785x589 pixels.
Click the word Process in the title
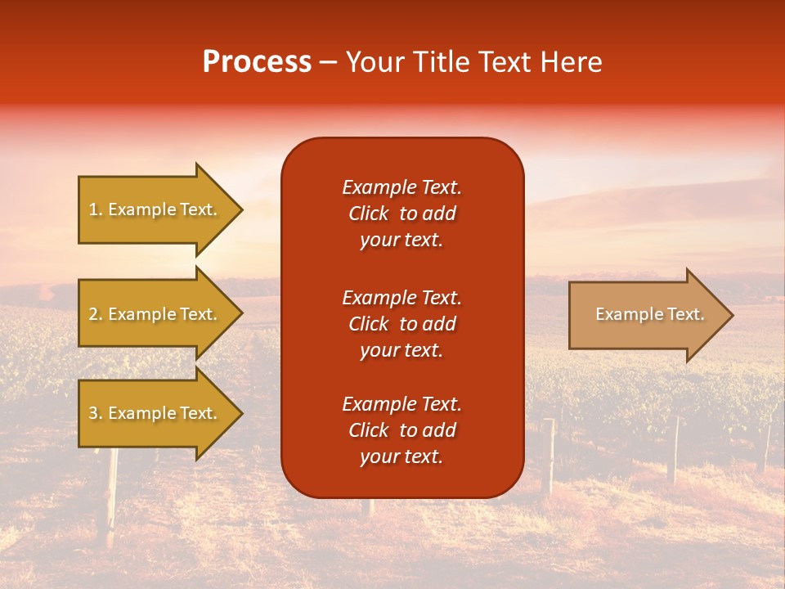pos(257,62)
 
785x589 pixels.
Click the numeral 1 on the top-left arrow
pos(93,209)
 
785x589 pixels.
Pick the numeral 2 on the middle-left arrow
pos(93,314)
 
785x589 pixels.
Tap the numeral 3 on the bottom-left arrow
pos(93,413)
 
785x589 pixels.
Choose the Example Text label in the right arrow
pos(650,314)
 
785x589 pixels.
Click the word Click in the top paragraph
pos(369,214)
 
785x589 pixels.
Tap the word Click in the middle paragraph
pos(369,324)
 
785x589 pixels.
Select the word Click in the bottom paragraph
pos(369,430)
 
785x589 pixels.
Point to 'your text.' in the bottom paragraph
pos(401,457)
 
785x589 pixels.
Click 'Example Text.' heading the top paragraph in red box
pos(401,187)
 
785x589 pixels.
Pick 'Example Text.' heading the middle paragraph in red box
pos(401,297)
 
